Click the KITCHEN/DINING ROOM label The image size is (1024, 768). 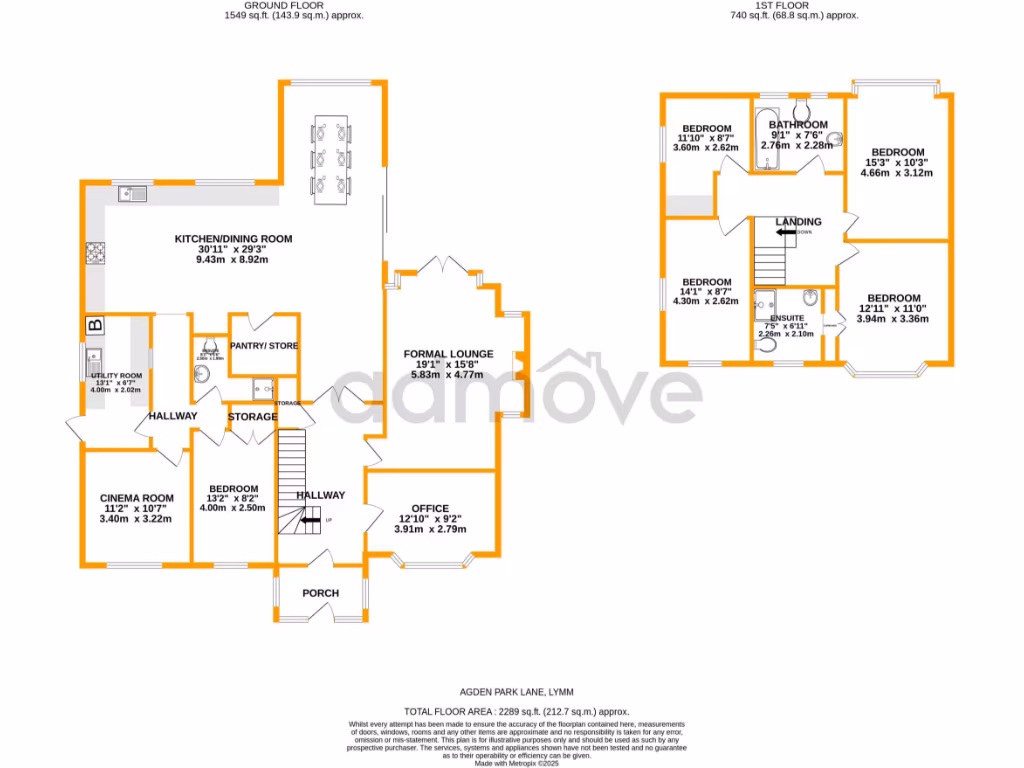click(233, 239)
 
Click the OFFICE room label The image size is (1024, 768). click(430, 508)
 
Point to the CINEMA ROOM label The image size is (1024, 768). click(137, 498)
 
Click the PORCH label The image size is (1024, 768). click(321, 593)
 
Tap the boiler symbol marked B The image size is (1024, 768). click(96, 325)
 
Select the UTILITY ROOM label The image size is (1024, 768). click(117, 376)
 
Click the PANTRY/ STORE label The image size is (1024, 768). click(265, 346)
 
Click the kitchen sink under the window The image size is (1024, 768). click(131, 193)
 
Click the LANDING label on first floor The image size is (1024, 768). click(798, 222)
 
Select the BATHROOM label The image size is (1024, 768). click(797, 125)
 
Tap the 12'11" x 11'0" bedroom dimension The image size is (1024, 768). click(893, 309)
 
